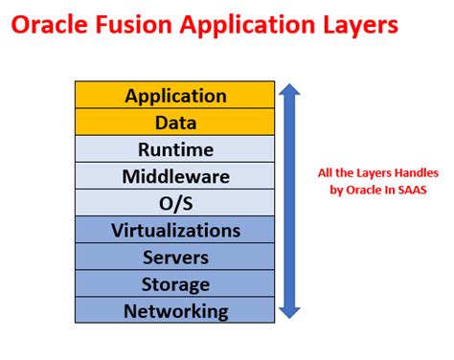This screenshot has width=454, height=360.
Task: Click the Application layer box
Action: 175,96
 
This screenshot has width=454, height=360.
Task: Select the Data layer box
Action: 175,123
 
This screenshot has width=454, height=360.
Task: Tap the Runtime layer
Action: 175,149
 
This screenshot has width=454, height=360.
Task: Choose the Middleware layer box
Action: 175,176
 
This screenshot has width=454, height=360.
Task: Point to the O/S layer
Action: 175,203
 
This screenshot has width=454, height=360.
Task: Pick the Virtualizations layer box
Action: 175,230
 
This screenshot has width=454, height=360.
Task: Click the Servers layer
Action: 175,257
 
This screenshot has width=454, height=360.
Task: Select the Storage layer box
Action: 175,283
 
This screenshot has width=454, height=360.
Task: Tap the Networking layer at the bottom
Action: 175,310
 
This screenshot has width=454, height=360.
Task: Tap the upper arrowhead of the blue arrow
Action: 289,92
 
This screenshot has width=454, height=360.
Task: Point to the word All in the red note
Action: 326,172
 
